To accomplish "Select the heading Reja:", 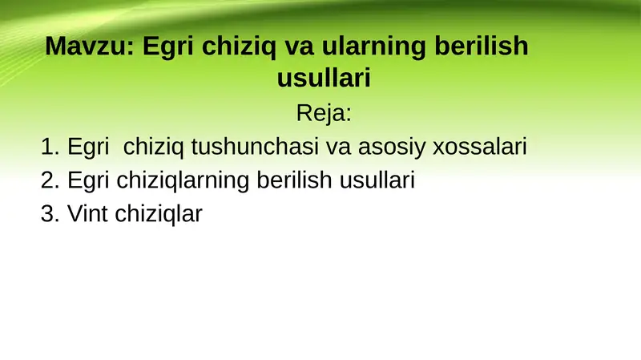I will pyautogui.click(x=324, y=112).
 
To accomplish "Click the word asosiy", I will pyautogui.click(x=389, y=148).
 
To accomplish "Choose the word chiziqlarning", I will pyautogui.click(x=183, y=180).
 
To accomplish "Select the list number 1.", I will pyautogui.click(x=50, y=148).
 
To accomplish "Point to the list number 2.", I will pyautogui.click(x=50, y=180).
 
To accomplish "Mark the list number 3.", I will pyautogui.click(x=50, y=214).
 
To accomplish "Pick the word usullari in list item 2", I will pyautogui.click(x=376, y=180).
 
